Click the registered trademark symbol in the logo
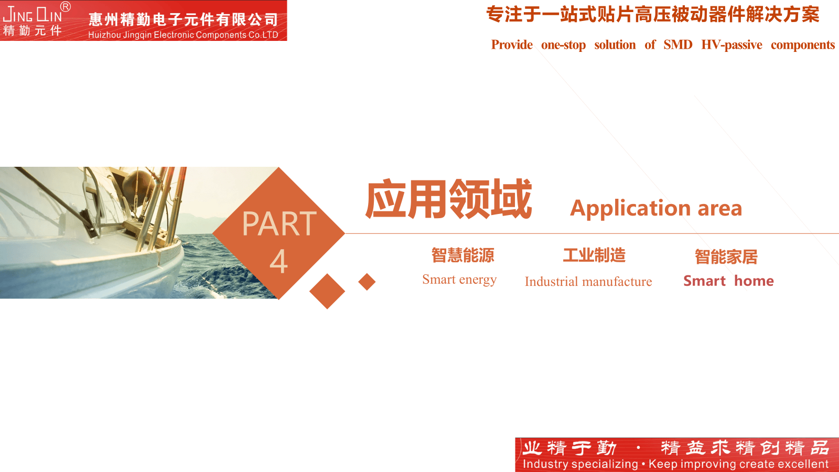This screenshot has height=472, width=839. pos(65,6)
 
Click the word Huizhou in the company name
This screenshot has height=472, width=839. pos(104,35)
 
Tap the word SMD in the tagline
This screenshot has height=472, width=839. pos(677,45)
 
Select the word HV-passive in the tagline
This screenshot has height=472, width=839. pos(732,45)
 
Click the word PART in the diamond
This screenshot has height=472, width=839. pos(279,223)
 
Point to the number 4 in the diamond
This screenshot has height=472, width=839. pos(278,261)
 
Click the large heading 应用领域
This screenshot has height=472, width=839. pos(448,199)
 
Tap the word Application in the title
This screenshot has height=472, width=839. pos(630,208)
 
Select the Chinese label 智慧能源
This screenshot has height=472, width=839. pos(462,255)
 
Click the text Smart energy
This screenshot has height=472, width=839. pos(459,280)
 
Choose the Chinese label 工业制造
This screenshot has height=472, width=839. pos(594,255)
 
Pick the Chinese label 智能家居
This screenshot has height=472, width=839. pos(726,256)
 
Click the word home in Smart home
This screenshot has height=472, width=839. pos(754,281)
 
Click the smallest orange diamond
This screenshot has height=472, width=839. pos(367,282)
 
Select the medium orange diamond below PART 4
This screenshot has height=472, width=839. pos(327,291)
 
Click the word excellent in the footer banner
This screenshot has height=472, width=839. pos(804,464)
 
